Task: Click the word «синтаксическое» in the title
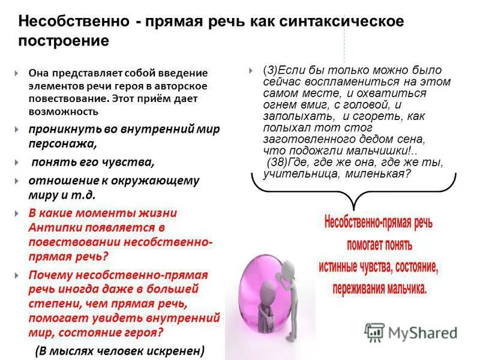[x=348, y=21]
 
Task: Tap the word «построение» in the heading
[x=64, y=41]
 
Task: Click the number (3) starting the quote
[x=270, y=70]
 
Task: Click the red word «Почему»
[x=50, y=275]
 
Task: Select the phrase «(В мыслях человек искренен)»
[x=119, y=350]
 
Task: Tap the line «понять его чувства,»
[x=93, y=162]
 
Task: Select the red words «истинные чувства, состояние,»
[x=379, y=266]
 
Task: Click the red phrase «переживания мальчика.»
[x=379, y=287]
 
